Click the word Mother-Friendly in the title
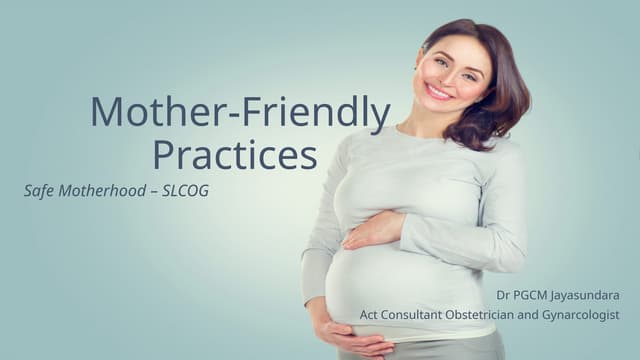coord(240,113)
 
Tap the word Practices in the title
coord(235,155)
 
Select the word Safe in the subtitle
coord(39,190)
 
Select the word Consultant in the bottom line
coord(420,315)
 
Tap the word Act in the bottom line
coord(370,315)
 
